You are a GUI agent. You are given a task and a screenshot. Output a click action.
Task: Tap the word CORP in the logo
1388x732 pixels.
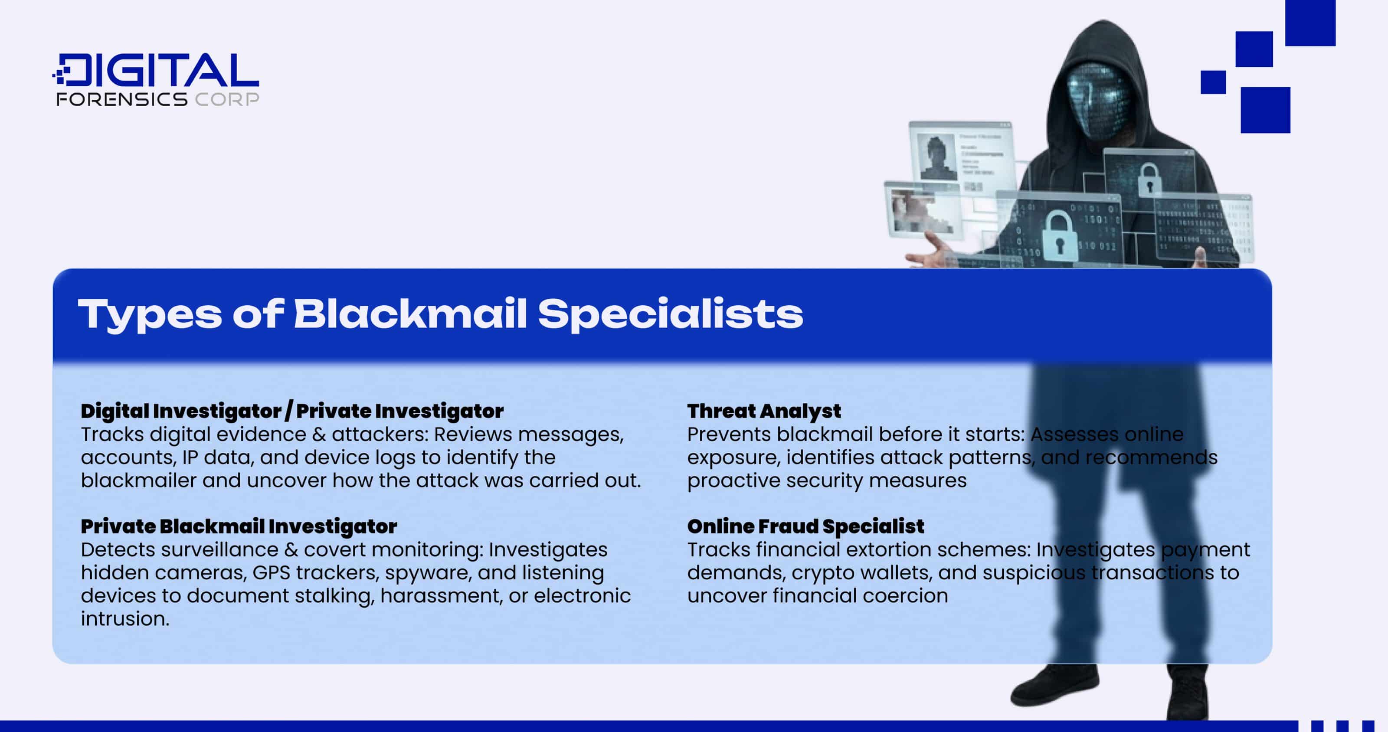pos(227,99)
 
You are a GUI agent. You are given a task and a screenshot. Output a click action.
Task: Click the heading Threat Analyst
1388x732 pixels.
pos(763,411)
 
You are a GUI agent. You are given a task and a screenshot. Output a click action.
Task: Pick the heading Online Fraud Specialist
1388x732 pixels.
pos(805,526)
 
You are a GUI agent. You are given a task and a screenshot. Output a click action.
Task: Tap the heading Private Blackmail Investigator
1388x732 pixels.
pos(239,526)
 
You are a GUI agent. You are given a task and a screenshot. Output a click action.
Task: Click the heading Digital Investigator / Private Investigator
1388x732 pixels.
pos(291,411)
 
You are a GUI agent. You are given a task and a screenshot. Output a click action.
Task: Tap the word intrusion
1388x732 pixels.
pos(124,619)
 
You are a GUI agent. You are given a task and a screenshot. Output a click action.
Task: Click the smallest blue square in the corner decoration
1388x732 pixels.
pos(1213,82)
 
